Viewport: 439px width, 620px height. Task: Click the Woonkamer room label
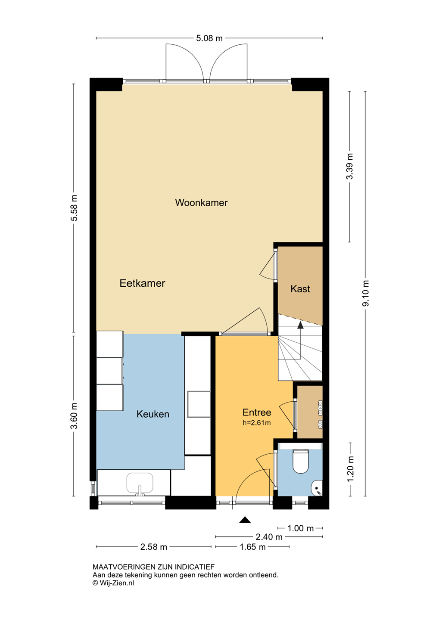tap(201, 203)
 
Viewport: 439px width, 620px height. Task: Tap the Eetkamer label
tap(142, 283)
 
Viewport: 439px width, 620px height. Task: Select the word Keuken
tap(153, 414)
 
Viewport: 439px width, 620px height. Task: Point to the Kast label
tap(300, 289)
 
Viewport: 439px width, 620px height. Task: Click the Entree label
tap(257, 412)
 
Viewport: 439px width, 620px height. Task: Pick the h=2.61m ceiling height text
tap(257, 423)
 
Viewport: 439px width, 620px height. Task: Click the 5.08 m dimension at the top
tap(209, 38)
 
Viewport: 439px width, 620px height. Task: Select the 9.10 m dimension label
tap(366, 293)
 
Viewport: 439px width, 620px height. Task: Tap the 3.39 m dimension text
tap(350, 166)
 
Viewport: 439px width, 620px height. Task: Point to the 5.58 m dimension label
tap(74, 208)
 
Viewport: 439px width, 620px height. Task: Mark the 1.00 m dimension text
tap(301, 528)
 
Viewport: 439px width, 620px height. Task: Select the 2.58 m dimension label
tap(154, 547)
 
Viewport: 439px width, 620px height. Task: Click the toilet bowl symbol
tap(301, 462)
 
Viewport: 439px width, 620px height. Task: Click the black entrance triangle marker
tap(245, 520)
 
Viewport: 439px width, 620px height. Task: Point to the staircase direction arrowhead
tap(300, 325)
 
